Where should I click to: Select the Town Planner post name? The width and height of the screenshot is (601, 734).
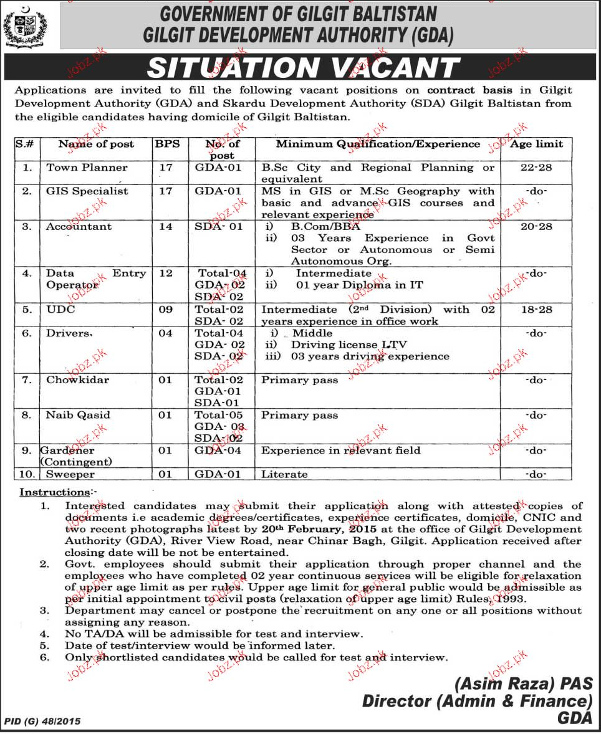coord(87,168)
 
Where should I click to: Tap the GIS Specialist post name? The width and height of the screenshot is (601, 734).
coord(87,191)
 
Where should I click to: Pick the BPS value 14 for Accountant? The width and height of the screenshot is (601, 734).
coord(165,227)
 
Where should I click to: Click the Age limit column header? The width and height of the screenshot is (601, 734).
coord(536,144)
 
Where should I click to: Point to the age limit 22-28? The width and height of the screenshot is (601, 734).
coord(536,168)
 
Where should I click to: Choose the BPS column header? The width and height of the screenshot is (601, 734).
coord(166,144)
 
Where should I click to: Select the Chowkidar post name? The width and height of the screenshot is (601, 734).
coord(77,380)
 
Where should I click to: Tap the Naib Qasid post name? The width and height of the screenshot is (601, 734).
coord(78,416)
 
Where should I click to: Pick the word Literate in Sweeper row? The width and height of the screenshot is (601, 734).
coord(284,474)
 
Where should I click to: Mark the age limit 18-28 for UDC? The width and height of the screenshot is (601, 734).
coord(536,310)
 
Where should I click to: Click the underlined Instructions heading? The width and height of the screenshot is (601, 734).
coord(54,492)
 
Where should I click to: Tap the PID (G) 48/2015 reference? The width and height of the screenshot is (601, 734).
coord(42,722)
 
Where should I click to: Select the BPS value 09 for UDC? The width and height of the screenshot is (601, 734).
coord(165,310)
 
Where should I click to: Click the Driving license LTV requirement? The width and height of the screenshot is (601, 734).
coord(343,345)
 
